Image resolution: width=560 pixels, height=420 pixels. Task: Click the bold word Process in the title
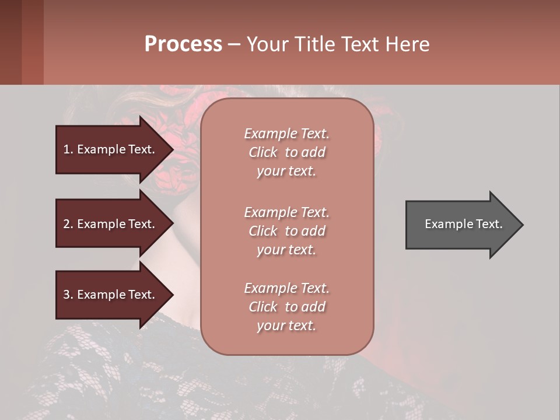[183, 44]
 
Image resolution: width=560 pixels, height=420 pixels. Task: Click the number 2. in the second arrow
[68, 224]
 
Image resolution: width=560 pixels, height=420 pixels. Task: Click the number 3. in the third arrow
[68, 295]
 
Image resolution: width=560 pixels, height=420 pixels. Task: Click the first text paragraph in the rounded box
[286, 152]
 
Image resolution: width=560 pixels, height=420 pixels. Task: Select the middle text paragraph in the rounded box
[286, 231]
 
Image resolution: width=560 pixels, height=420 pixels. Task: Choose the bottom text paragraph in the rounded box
[286, 307]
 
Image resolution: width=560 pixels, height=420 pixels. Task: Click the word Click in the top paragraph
[263, 152]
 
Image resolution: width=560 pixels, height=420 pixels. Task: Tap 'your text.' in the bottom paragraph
[286, 325]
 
